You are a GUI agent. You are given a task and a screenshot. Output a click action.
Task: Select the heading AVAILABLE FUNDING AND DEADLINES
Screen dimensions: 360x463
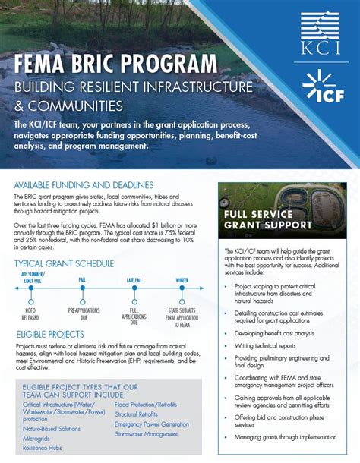coord(84,185)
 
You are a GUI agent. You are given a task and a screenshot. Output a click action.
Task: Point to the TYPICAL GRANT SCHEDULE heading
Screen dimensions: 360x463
coord(65,263)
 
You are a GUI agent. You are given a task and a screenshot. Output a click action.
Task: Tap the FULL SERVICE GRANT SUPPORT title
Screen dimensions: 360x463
coord(267,220)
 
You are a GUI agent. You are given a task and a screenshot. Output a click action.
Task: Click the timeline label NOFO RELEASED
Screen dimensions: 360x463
coord(32,313)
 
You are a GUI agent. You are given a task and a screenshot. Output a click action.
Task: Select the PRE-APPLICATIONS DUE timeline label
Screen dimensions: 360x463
coord(82,313)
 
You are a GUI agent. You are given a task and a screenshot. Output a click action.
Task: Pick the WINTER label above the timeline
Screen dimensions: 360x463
coord(183,281)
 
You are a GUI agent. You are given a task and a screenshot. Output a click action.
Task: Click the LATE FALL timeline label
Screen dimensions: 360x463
coord(134,281)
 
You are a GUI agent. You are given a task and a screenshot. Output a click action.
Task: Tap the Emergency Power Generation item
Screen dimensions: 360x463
coord(153,425)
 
